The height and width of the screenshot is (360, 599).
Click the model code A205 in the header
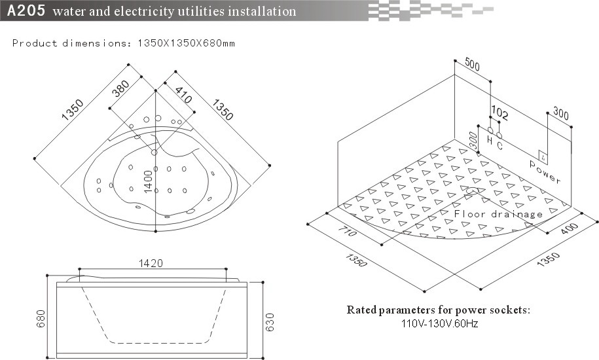(x=26, y=11)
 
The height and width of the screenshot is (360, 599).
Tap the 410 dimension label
(x=183, y=97)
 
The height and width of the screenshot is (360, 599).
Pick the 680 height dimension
(x=41, y=319)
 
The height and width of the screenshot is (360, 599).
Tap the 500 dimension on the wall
(x=472, y=63)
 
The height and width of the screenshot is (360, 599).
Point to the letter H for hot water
(x=489, y=140)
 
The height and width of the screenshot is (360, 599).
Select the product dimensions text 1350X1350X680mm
(x=185, y=43)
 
